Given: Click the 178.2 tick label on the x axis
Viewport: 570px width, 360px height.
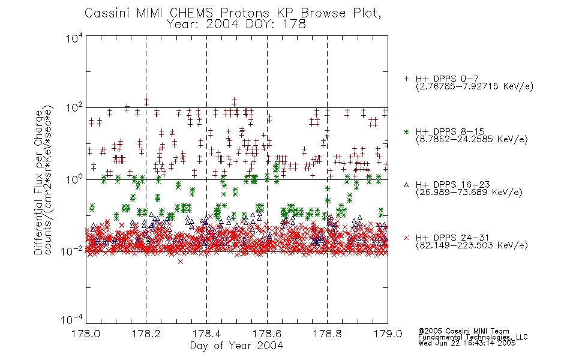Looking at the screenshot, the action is click(146, 334).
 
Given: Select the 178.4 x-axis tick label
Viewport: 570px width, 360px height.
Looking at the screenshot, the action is click(206, 334).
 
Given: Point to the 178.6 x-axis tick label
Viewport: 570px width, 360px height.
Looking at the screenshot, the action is click(267, 334).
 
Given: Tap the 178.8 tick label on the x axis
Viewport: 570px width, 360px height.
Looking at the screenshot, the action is click(327, 334).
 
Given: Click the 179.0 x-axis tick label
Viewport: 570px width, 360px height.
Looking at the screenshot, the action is click(388, 334).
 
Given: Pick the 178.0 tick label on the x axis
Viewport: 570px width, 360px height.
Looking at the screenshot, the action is click(86, 334).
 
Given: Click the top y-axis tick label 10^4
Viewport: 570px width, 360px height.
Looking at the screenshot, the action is click(74, 38).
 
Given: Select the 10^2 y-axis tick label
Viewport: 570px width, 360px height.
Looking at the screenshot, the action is click(74, 108).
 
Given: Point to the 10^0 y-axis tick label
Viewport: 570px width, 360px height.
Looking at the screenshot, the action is click(74, 179).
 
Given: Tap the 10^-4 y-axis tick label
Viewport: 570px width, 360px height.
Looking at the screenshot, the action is click(72, 319).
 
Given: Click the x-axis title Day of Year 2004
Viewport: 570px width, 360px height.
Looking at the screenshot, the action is click(236, 346).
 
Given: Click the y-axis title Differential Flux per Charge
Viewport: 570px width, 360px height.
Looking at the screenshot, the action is click(38, 182).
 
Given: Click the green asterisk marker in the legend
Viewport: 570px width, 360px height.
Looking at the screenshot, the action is click(406, 131).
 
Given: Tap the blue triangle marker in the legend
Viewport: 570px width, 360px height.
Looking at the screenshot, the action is click(406, 185).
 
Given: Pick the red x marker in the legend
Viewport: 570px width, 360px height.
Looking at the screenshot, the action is click(406, 238).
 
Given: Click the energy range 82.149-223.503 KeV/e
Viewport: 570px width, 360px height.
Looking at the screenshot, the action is click(472, 245).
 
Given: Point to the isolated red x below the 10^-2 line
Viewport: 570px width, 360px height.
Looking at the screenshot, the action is click(181, 262).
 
